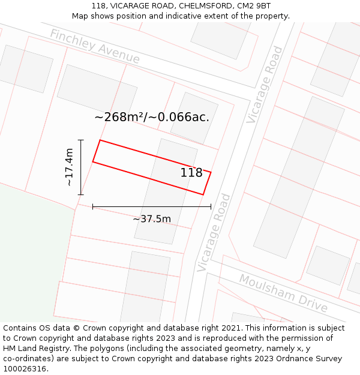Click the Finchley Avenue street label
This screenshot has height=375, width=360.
(x=95, y=46)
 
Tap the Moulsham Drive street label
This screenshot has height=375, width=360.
(x=283, y=293)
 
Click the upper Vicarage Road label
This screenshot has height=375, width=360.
(x=265, y=85)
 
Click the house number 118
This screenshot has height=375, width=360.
(x=191, y=173)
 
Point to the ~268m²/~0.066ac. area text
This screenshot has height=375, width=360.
(x=152, y=117)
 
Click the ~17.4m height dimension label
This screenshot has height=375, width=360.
(x=70, y=167)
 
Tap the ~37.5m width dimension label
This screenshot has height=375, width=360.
(x=152, y=219)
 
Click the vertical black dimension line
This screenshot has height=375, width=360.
(x=81, y=167)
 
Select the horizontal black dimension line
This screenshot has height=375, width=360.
(x=152, y=206)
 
